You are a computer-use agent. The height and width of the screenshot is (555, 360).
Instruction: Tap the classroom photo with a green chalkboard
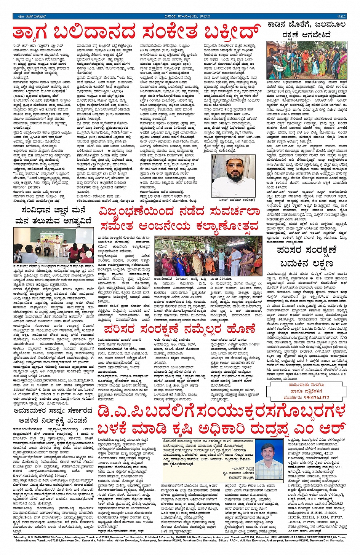[53, 246]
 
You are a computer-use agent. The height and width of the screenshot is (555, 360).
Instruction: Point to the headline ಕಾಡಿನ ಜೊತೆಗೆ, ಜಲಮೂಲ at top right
[307, 25]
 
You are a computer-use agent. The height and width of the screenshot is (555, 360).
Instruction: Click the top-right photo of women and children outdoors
[307, 60]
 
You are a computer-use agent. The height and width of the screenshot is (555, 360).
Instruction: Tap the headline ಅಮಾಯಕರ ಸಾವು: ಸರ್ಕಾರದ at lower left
[53, 410]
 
